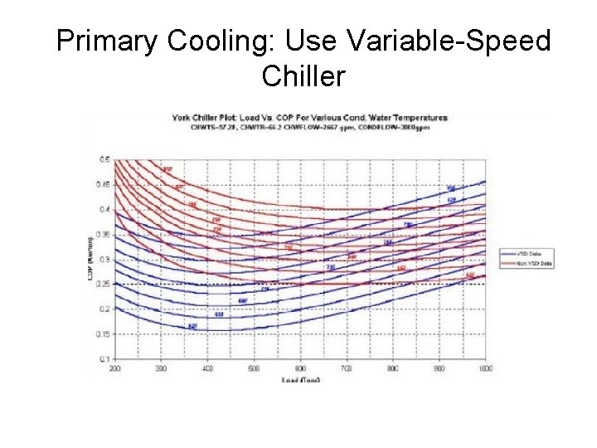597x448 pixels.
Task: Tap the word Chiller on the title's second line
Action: [x=303, y=76]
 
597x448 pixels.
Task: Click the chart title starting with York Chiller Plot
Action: [x=308, y=117]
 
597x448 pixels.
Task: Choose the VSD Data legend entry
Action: [x=527, y=252]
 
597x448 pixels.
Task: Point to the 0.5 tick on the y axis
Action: [x=105, y=159]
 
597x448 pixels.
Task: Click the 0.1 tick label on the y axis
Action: [x=105, y=358]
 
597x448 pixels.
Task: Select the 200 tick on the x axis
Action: [x=114, y=368]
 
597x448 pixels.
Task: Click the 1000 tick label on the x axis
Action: [x=485, y=368]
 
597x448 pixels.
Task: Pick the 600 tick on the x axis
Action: [x=300, y=368]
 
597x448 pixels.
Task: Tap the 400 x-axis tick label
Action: [x=207, y=368]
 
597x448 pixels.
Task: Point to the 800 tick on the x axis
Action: [x=393, y=368]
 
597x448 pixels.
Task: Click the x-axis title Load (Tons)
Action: [x=300, y=379]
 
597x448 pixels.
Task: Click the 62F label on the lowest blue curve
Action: [x=192, y=326]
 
